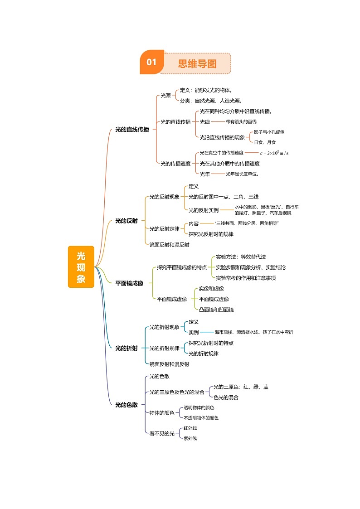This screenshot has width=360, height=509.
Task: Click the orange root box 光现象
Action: pos(81,267)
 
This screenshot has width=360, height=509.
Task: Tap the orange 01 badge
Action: pos(151,63)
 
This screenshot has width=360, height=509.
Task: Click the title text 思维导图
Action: pos(197,63)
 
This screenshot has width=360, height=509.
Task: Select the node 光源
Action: pos(166,96)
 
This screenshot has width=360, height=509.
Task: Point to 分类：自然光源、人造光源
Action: pos(211,101)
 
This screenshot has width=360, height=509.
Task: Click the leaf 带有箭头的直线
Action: pos(241,122)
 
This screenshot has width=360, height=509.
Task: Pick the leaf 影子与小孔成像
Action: pos(269,132)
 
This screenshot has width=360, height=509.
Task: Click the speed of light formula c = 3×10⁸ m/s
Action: pos(274,153)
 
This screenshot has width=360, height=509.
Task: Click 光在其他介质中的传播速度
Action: pos(229,164)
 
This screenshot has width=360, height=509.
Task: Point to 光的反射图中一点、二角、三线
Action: pos(223,197)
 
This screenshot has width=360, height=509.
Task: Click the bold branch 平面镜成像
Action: pos(129,283)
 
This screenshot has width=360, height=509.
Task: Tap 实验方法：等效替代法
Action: pos(241,257)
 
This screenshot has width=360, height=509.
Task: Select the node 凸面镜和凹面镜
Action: pos(216,310)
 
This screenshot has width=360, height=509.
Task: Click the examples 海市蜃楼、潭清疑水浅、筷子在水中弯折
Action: pos(254,332)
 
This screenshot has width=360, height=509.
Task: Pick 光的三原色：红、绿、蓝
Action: pos(241,387)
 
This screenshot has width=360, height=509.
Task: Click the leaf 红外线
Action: pos(190,428)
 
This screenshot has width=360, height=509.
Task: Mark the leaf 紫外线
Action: pos(190,438)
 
